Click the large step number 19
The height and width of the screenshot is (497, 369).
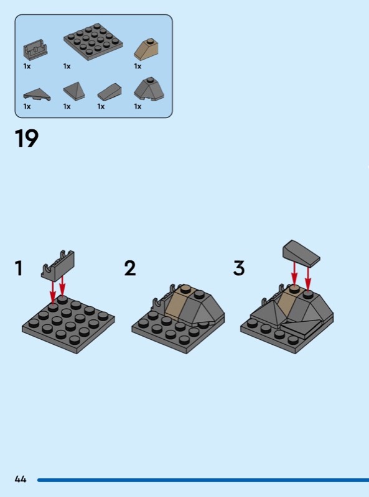pos(27,139)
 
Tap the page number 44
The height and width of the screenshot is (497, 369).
pos(21,479)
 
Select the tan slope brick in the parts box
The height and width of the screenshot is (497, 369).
pos(146,49)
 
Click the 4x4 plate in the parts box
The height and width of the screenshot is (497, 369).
pos(93,41)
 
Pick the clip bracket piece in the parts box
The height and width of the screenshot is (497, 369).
pos(35,50)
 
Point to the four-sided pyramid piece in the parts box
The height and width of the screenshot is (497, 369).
pos(74,91)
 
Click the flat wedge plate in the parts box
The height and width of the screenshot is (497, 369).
pos(37,94)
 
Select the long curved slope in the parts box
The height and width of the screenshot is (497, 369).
pos(110,91)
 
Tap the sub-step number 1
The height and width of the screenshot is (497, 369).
pos(19,268)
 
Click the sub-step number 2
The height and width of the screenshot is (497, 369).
pos(130,268)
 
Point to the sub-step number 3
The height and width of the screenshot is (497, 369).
pos(239,268)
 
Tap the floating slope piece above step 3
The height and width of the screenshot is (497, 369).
pos(301,253)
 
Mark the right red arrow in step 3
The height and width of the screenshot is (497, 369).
pos(308,278)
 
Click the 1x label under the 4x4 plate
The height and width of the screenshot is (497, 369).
pos(67,66)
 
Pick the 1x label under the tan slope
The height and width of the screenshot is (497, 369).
pos(138,66)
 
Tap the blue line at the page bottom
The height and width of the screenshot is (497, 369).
pos(203,480)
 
